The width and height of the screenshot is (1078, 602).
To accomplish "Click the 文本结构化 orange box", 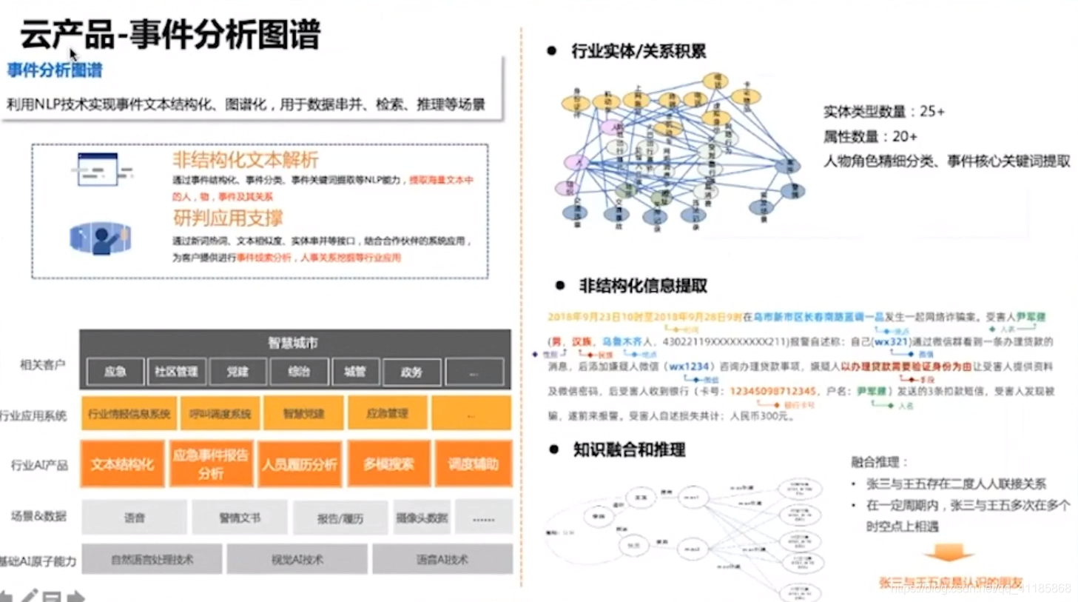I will [x=122, y=464].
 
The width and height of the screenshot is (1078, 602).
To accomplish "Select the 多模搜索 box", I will [x=388, y=464].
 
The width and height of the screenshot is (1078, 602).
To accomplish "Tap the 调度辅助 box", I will [x=473, y=464].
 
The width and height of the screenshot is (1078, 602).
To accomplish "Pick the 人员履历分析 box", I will [x=299, y=464].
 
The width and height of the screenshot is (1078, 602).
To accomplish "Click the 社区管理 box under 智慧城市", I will [x=175, y=372].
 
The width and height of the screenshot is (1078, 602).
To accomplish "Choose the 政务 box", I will [x=411, y=372].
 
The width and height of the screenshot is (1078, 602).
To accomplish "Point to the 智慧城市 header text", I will [x=293, y=343].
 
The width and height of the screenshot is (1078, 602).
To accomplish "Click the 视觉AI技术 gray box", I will [x=297, y=560].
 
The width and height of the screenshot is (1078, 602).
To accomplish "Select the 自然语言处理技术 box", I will [x=152, y=560].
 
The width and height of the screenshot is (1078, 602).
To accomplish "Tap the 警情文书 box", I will [x=240, y=518].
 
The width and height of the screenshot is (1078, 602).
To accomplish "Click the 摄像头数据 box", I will [x=422, y=518].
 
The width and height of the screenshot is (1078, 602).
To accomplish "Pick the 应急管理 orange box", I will [x=387, y=413].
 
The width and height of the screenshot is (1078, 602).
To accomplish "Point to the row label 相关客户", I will [x=42, y=364].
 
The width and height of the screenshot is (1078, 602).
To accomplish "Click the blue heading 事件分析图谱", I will [x=55, y=70].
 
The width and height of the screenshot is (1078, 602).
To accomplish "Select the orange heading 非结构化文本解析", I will [x=245, y=159].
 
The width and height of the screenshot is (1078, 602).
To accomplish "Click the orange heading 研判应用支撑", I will [x=228, y=218].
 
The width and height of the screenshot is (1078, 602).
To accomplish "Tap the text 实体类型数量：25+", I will [x=883, y=112].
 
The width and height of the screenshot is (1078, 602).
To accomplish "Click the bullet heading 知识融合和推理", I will [x=629, y=449].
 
